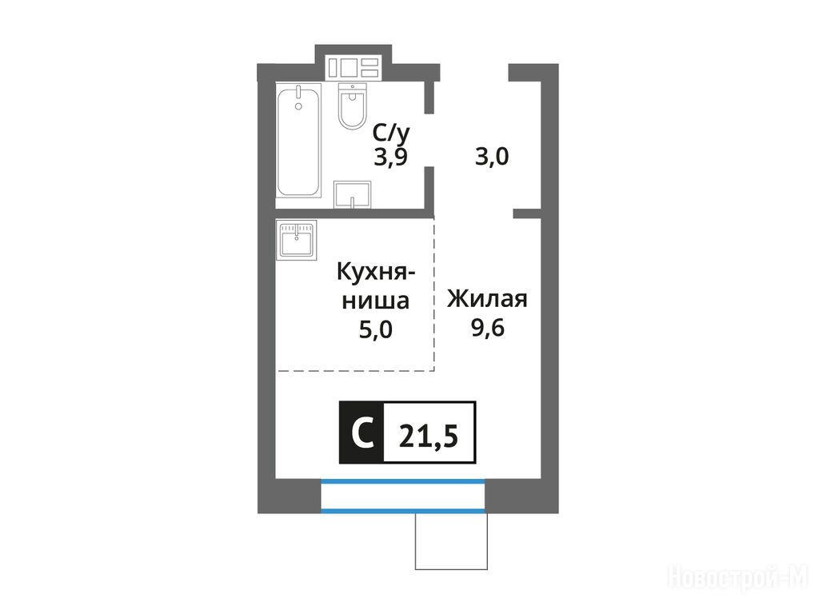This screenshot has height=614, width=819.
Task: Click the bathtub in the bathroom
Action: click(x=298, y=141)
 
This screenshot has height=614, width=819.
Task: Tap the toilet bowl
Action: click(x=352, y=106)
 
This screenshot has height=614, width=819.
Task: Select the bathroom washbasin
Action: click(x=352, y=194)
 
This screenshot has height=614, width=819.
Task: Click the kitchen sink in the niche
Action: click(x=296, y=240)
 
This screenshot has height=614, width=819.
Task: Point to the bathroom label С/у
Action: click(x=391, y=134)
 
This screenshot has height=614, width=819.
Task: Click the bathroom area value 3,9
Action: click(x=390, y=157)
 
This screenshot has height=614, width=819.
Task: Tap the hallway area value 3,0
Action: click(x=492, y=157)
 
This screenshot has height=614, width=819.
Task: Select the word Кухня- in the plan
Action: click(x=376, y=273)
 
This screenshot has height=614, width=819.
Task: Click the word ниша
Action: click(x=376, y=301)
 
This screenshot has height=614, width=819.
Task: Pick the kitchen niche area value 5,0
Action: click(x=376, y=330)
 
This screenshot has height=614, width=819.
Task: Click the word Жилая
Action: click(x=487, y=300)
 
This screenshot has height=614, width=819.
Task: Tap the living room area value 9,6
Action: click(x=488, y=328)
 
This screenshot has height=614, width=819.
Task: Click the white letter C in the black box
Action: click(x=362, y=433)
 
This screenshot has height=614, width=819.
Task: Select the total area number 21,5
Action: click(x=429, y=436)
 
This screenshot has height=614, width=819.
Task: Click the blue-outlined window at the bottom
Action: click(x=403, y=495)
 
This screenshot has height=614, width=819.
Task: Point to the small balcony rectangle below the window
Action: click(x=451, y=541)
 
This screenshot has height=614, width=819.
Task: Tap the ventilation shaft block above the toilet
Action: click(x=353, y=68)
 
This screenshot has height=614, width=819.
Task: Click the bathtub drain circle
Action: click(x=298, y=106)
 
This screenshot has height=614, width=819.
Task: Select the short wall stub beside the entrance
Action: click(x=526, y=213)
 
